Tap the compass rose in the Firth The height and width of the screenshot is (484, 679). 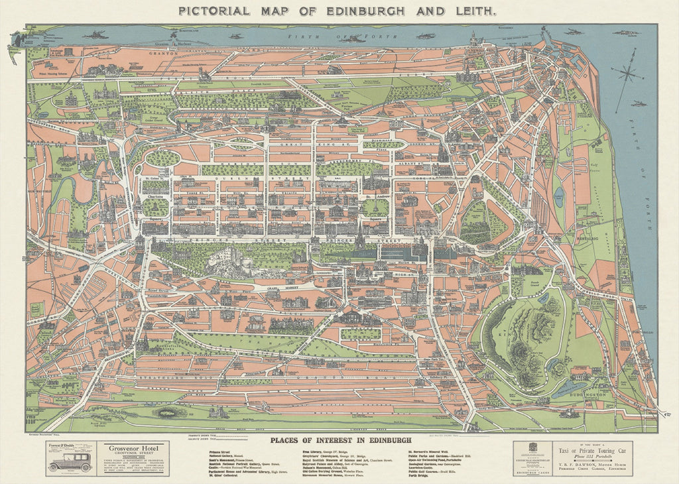click(626, 75)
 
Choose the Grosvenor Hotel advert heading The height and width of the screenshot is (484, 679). click(131, 448)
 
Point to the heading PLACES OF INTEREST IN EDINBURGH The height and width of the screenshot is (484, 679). click(341, 440)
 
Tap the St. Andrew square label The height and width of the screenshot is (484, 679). click(375, 197)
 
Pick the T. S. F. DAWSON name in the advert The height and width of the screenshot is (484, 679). click(574, 465)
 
